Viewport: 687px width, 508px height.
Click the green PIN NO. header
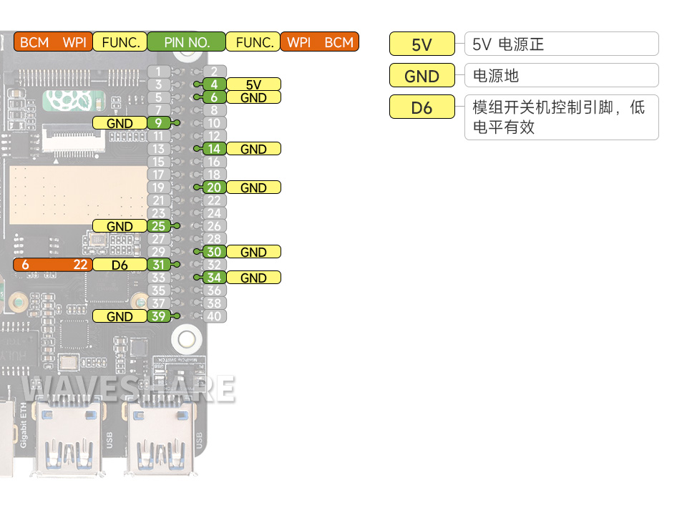tap(186, 42)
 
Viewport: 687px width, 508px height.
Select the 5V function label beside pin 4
tap(253, 84)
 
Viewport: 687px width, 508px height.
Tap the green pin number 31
tap(158, 265)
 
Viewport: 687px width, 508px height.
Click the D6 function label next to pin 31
tap(120, 265)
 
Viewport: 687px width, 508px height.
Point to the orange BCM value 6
tap(26, 265)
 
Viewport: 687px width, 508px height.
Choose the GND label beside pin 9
tap(120, 123)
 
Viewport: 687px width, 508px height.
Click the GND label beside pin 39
tap(120, 316)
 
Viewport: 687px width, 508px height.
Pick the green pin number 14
tap(214, 149)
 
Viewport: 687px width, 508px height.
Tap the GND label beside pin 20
tap(253, 187)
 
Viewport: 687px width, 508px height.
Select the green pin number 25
tap(158, 226)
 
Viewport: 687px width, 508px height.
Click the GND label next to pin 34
tap(253, 278)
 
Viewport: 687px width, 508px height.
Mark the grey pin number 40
tap(214, 316)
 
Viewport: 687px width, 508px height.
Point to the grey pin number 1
tap(158, 72)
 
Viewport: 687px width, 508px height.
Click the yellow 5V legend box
tap(422, 44)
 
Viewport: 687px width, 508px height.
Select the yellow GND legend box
tap(422, 76)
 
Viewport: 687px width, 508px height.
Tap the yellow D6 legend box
tap(422, 107)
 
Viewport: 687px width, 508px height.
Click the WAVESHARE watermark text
tap(129, 389)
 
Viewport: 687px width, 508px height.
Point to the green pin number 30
tap(214, 252)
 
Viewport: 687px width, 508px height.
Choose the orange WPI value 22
tap(81, 265)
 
